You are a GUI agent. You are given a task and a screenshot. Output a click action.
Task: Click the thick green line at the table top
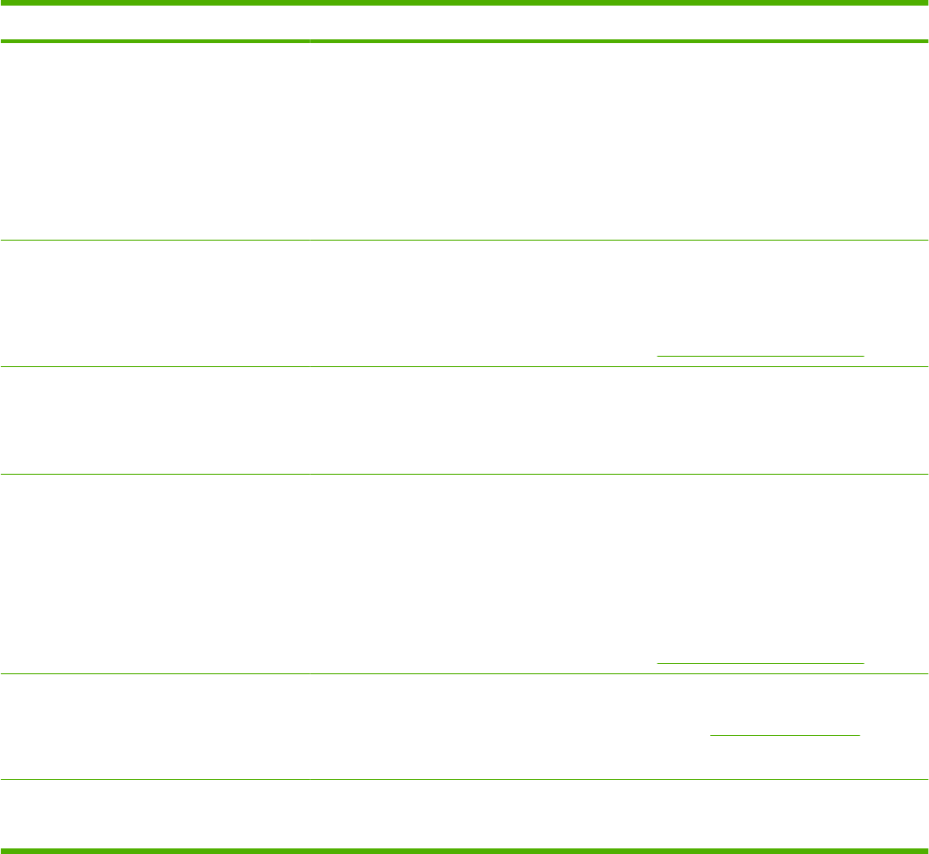[x=464, y=3]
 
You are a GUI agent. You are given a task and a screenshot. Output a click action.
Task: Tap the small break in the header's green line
[x=309, y=41]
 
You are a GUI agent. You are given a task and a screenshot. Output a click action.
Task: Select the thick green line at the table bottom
[x=464, y=850]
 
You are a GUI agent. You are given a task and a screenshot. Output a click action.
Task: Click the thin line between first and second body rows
[x=464, y=242]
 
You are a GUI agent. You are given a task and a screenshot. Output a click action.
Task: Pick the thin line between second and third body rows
[x=464, y=366]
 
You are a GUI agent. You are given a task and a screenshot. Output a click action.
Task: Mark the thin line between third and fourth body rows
[x=464, y=474]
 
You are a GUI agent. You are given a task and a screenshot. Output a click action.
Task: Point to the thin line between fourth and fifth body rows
[x=464, y=673]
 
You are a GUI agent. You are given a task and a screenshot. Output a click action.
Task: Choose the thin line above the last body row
[x=464, y=780]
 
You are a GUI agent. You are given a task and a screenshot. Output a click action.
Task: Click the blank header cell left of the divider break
[x=154, y=22]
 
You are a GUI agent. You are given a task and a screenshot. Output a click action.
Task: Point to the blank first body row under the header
[x=464, y=140]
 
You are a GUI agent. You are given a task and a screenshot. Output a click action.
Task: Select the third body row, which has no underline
[x=464, y=420]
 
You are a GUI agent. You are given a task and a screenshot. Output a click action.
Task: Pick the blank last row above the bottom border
[x=464, y=814]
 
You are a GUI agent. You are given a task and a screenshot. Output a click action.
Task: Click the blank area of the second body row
[x=374, y=300]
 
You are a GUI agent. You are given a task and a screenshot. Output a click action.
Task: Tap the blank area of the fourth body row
[x=374, y=571]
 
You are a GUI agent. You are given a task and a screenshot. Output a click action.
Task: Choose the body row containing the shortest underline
[x=374, y=726]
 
